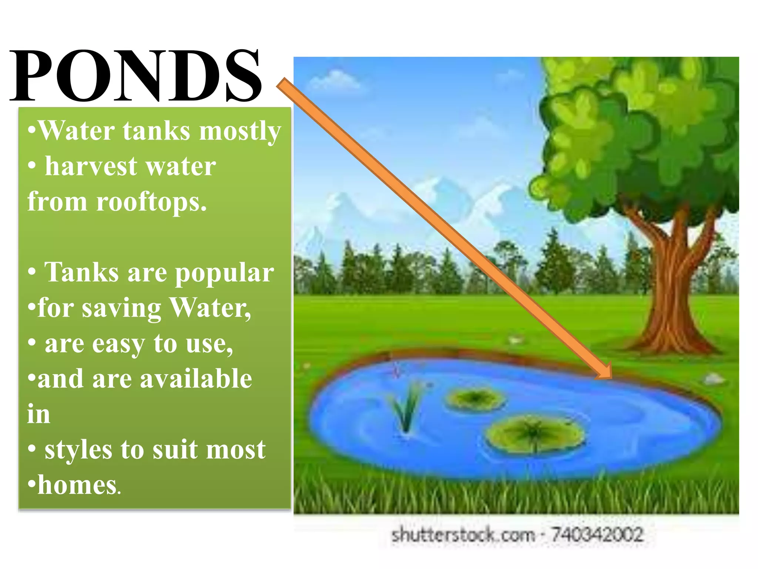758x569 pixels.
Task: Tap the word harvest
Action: click(x=91, y=166)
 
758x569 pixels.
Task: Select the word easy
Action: click(x=118, y=344)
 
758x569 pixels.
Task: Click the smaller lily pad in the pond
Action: click(x=475, y=399)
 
